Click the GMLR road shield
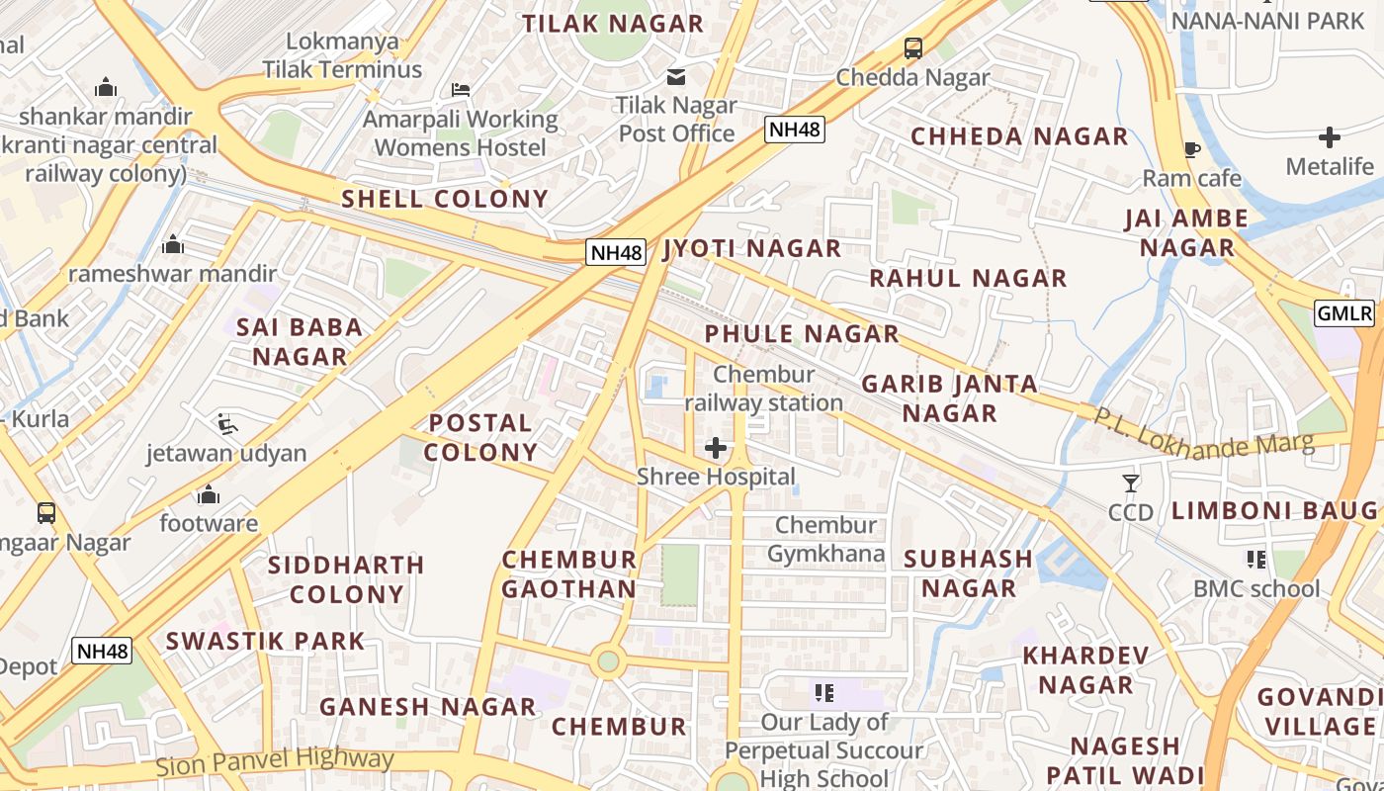tap(1344, 313)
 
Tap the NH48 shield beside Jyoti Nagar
tap(616, 252)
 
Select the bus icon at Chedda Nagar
tap(912, 47)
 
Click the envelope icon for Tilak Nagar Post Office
tap(676, 76)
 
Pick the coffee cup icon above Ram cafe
tap(1191, 150)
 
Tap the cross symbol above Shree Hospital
tap(716, 448)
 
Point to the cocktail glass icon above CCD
tap(1131, 483)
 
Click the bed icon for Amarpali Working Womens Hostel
tap(461, 90)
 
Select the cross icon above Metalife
tap(1330, 137)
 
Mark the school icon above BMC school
tap(1256, 561)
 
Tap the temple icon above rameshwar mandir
tap(173, 244)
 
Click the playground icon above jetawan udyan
tap(227, 425)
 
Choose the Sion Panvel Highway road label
tap(275, 762)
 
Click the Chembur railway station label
tap(764, 389)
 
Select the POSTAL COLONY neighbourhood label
tap(482, 437)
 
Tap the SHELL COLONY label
tap(445, 199)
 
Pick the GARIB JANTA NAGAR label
tap(950, 397)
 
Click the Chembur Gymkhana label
tap(826, 539)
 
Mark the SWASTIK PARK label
tap(265, 641)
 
